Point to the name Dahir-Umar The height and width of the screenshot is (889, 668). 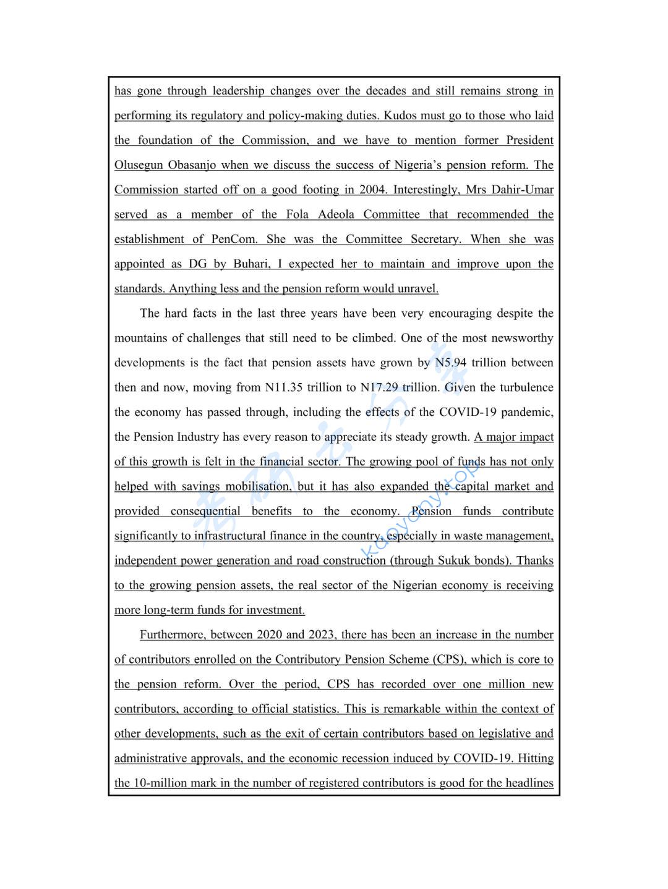(521, 190)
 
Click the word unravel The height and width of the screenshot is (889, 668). (418, 289)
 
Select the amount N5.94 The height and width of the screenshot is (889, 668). (450, 363)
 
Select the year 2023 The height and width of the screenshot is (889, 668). (322, 634)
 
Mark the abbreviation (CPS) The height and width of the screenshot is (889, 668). (447, 659)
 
